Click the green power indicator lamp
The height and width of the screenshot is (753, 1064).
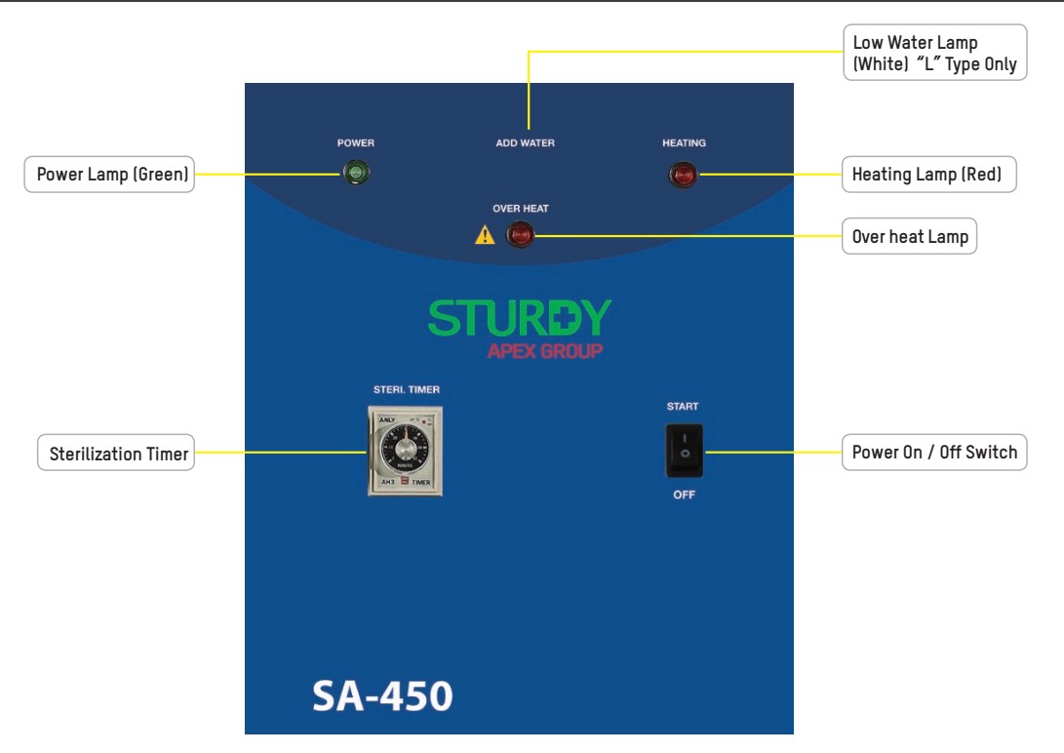point(355,174)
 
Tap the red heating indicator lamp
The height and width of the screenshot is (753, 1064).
point(683,176)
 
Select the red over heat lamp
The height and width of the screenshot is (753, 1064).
point(520,234)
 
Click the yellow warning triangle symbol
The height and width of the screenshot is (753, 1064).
point(485,235)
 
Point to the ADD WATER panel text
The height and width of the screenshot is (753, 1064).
point(525,143)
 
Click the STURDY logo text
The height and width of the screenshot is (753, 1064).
point(520,318)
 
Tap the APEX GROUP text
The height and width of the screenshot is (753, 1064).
point(544,351)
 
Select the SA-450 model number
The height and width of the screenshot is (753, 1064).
point(381,695)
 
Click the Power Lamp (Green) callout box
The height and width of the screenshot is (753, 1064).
point(108,176)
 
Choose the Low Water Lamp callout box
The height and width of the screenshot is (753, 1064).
point(933,53)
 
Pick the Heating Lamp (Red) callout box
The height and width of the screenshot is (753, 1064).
point(928,175)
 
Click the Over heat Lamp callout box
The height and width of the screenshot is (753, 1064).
point(909,236)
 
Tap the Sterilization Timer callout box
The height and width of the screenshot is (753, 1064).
point(115,454)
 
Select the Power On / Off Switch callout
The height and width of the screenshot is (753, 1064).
point(933,453)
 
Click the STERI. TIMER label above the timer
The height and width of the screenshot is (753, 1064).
point(406,390)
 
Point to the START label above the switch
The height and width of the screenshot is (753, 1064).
point(683,406)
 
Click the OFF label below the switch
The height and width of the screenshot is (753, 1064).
point(684,495)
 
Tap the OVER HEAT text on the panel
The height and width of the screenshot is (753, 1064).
point(521,209)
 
